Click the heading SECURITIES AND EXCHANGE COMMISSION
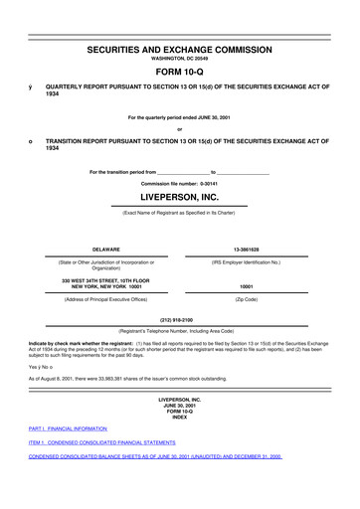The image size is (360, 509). click(179, 49)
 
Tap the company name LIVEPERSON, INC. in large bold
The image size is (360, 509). click(179, 197)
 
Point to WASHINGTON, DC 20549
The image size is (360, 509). click(179, 59)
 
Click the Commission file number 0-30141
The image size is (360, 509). click(179, 184)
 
